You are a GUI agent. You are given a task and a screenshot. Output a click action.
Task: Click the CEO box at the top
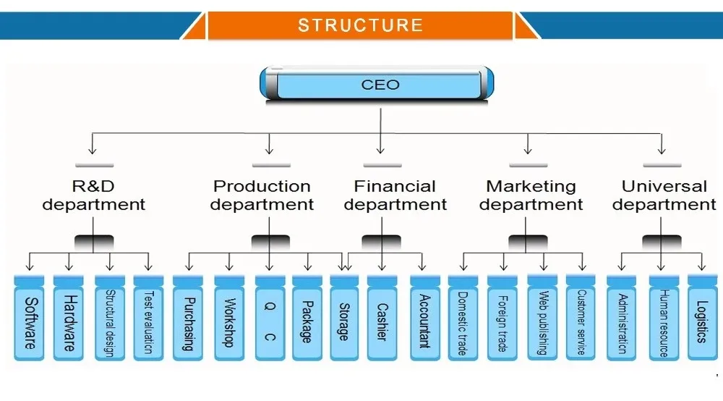pyautogui.click(x=380, y=85)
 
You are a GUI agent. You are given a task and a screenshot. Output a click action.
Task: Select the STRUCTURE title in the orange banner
pyautogui.click(x=360, y=25)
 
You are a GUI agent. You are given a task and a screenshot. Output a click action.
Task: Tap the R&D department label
pyautogui.click(x=93, y=195)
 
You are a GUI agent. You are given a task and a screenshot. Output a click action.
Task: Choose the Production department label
pyautogui.click(x=262, y=195)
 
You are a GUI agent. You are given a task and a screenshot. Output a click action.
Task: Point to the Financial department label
pyautogui.click(x=395, y=195)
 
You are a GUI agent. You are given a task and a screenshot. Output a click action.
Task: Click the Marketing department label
pyautogui.click(x=531, y=195)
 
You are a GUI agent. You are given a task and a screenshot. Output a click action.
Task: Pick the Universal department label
pyautogui.click(x=664, y=195)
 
